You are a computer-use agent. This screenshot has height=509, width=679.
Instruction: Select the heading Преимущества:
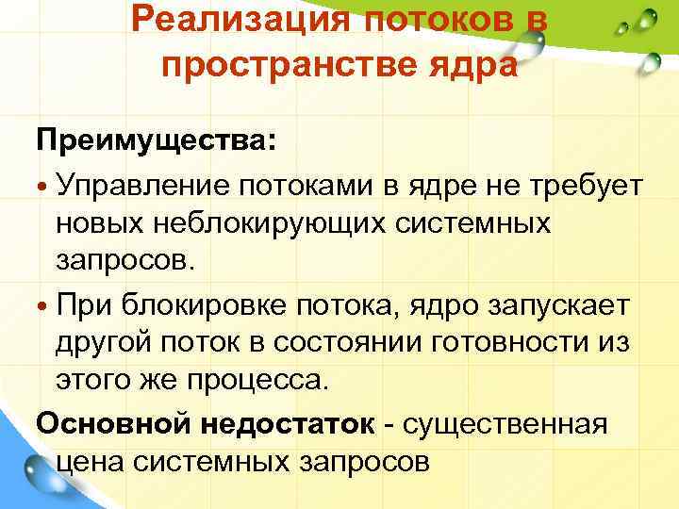pos(157,143)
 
